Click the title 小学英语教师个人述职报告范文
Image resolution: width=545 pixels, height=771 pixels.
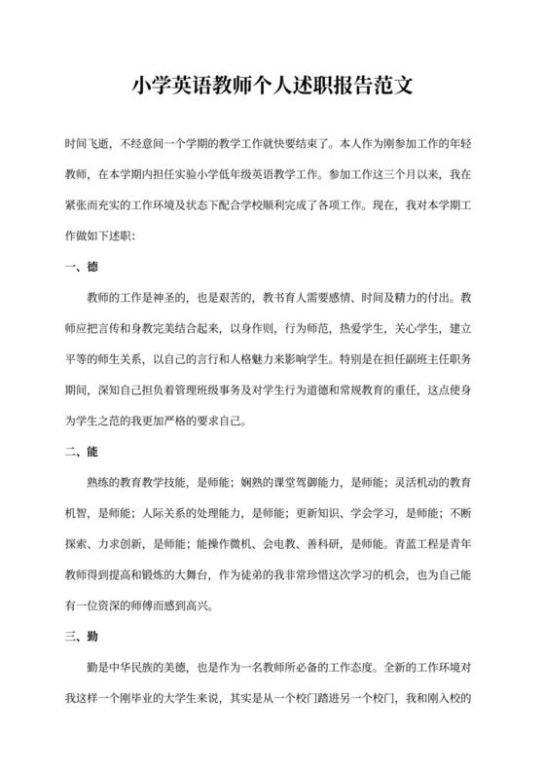pyautogui.click(x=272, y=86)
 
